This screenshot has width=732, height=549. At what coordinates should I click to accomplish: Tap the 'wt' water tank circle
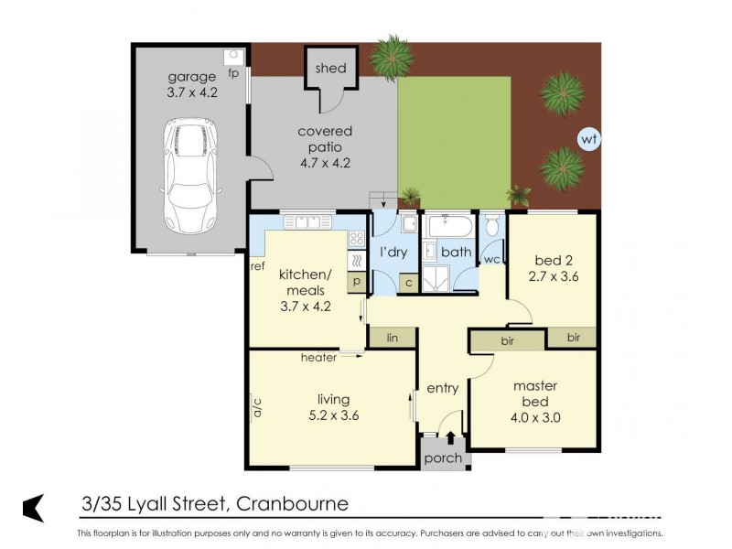click(x=588, y=140)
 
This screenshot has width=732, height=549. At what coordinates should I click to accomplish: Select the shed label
click(x=330, y=69)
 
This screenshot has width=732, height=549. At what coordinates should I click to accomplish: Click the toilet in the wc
click(x=492, y=226)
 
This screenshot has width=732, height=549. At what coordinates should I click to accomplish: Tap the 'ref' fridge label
click(x=257, y=267)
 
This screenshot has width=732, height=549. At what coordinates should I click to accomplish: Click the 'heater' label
click(x=318, y=358)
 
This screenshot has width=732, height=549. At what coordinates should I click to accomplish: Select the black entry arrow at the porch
click(x=449, y=438)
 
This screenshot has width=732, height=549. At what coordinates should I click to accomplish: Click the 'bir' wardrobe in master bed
click(x=507, y=340)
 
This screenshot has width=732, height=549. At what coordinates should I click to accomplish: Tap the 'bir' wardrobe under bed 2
click(x=573, y=338)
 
